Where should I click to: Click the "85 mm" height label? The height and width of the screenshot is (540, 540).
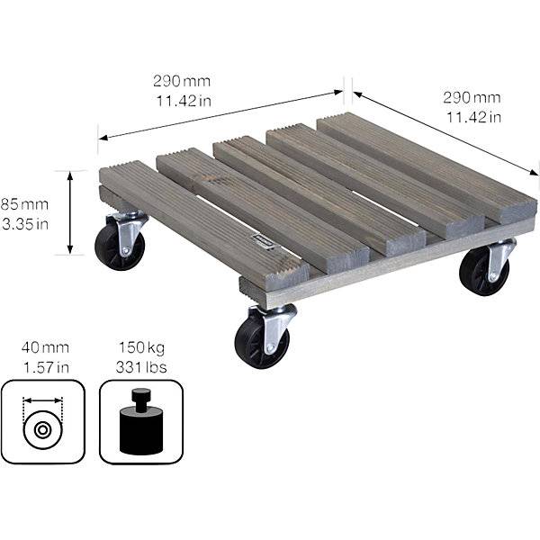(24, 204)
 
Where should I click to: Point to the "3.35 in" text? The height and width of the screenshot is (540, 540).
(25, 224)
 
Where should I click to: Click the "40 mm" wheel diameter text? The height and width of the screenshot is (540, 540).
(45, 347)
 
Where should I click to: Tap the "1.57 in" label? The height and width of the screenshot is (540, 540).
(46, 367)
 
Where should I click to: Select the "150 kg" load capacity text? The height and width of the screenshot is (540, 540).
(141, 347)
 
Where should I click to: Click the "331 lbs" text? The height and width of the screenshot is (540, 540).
(141, 367)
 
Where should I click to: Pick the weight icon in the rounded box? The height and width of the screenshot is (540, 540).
(141, 422)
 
